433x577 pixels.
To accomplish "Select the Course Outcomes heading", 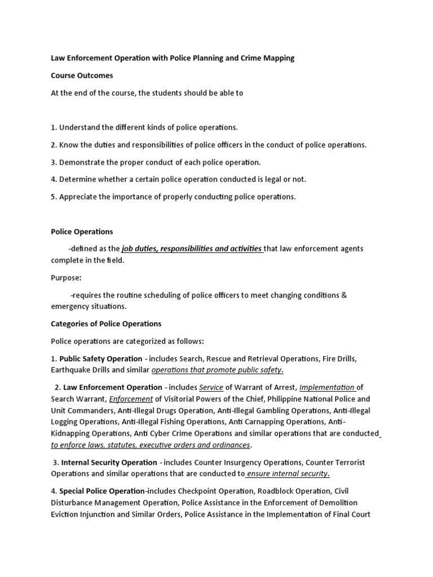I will click(x=82, y=76).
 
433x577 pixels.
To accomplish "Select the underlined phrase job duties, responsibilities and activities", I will click(x=192, y=248).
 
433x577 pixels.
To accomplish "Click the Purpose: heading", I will click(x=67, y=278).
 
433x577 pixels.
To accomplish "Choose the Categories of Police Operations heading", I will click(x=106, y=324).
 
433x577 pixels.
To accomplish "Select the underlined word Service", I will click(x=211, y=388).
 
